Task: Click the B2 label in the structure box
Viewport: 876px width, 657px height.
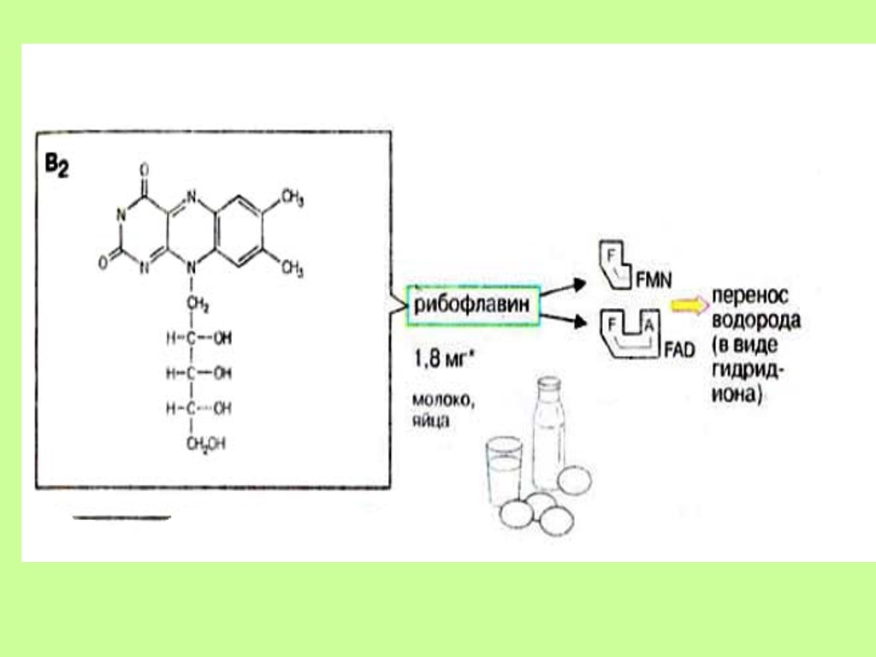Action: pos(56,163)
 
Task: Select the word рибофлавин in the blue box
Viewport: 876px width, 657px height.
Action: pos(472,305)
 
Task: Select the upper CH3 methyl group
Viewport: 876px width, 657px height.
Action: pos(292,199)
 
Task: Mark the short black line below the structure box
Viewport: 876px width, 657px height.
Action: pos(121,518)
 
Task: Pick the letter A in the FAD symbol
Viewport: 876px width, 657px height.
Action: pos(649,324)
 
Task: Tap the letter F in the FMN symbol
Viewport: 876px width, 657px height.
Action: pos(611,256)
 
